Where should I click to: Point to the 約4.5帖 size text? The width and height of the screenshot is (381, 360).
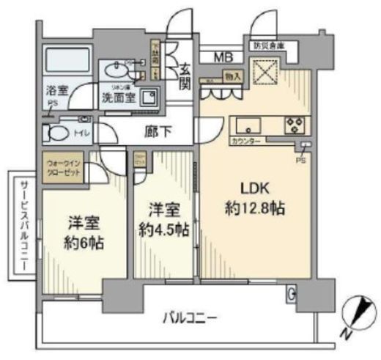(x=162, y=229)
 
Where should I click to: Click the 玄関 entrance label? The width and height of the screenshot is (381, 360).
(x=186, y=75)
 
